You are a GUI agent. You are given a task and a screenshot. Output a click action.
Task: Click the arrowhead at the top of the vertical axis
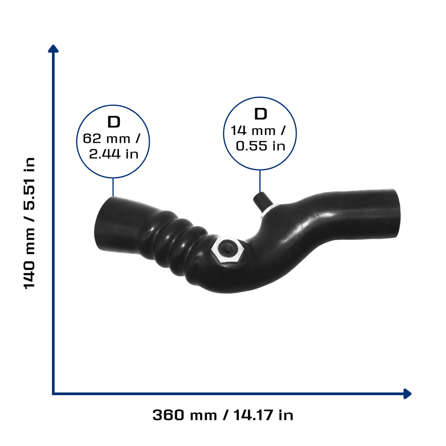tap(53, 49)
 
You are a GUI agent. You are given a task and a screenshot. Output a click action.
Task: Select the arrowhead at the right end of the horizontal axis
tap(407, 394)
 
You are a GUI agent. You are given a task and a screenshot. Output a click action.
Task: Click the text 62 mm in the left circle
tap(107, 139)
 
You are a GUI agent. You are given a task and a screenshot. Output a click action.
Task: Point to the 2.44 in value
tap(114, 154)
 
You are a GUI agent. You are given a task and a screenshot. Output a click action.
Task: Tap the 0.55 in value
tap(260, 146)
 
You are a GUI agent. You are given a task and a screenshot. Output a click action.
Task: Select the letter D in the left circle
tap(114, 122)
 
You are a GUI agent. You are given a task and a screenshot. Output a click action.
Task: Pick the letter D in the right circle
tap(260, 114)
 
